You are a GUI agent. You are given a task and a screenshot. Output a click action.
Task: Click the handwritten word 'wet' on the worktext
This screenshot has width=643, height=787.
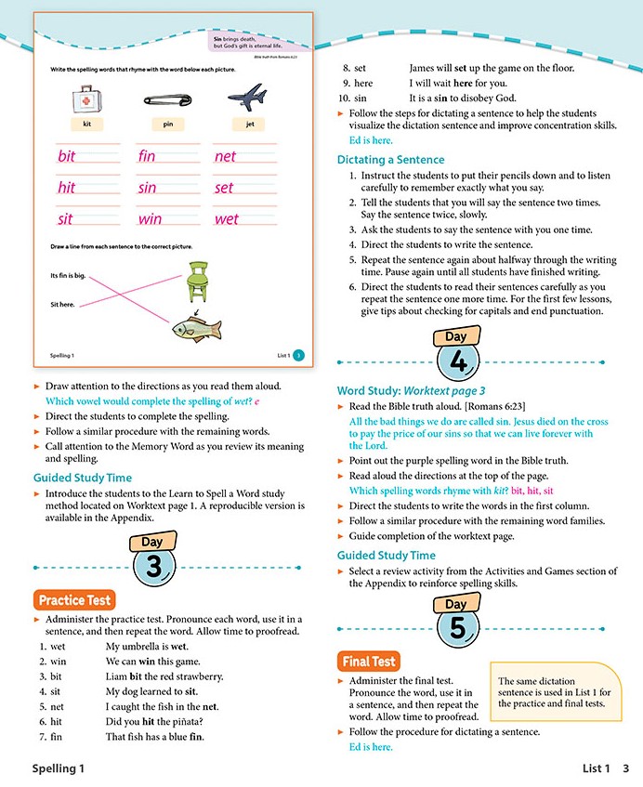pos(226,219)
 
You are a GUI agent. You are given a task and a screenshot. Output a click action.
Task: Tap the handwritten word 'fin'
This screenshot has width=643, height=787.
pos(147,156)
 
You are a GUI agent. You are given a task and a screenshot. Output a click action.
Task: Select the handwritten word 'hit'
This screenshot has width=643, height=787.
pos(66,188)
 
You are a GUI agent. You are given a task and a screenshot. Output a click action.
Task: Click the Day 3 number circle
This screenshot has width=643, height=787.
pos(155,567)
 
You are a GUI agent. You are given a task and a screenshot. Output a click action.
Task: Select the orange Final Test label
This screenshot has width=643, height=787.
pos(369,662)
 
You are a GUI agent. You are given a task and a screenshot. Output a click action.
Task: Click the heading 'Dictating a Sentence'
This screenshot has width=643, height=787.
pos(390,160)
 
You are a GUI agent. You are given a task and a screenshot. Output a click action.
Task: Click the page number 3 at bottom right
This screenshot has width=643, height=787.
pos(626,768)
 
